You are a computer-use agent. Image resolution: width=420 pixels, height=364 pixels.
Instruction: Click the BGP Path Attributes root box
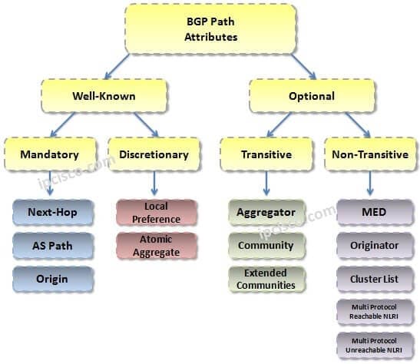point(210,29)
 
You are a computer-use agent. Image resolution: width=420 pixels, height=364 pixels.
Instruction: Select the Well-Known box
point(104,96)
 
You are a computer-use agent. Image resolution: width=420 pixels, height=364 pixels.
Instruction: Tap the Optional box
point(312,96)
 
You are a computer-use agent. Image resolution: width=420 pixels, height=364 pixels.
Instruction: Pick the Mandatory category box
point(50,154)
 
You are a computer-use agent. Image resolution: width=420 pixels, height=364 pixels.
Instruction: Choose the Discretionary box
point(154,154)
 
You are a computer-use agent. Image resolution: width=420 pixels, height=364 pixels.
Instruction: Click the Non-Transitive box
point(370,154)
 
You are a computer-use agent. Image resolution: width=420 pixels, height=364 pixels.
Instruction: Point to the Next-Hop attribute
point(53,213)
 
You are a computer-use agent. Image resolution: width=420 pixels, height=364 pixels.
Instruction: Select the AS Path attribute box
point(53,246)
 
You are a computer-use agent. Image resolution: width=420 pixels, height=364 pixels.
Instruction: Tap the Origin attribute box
point(53,279)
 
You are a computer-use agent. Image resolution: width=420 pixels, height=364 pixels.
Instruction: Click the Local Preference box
point(157,213)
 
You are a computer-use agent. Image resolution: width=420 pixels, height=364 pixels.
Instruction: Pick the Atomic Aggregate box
point(157,246)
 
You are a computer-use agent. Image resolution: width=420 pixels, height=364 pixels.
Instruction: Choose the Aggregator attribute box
point(266,213)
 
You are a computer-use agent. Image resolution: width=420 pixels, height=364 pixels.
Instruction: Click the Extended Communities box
point(266,279)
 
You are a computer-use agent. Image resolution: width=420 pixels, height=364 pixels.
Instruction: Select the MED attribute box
point(375,213)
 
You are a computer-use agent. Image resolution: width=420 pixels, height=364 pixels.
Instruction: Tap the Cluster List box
point(375,279)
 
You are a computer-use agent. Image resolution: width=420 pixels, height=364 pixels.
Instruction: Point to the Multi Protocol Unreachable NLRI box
point(375,346)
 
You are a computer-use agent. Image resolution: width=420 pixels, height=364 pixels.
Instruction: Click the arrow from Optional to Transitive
point(279,124)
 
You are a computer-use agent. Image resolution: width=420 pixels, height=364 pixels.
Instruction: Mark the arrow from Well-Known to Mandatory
point(62,124)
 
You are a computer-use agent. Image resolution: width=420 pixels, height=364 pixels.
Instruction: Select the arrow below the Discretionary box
point(154,184)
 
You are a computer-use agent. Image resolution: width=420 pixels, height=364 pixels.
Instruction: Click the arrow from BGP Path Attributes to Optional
point(304,66)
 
